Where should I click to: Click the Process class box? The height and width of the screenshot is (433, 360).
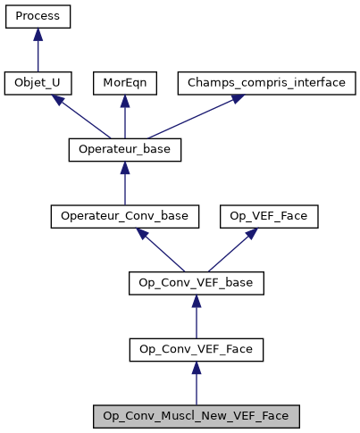point(38,17)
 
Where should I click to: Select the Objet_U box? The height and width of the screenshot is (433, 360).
point(38,83)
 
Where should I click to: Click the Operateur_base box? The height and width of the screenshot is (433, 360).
point(125,149)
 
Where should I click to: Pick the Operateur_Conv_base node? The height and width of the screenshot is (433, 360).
point(125,216)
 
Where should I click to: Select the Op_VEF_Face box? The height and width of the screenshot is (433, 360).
point(254,216)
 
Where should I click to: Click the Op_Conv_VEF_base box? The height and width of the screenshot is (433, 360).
point(197,282)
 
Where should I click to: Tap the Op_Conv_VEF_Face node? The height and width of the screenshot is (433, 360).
point(197,349)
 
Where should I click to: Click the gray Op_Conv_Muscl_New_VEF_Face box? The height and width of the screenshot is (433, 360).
point(197,415)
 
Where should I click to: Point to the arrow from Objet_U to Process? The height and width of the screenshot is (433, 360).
point(38,52)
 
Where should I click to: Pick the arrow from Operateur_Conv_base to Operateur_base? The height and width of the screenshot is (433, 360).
point(125,184)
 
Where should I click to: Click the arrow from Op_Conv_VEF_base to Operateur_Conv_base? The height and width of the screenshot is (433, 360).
point(162,250)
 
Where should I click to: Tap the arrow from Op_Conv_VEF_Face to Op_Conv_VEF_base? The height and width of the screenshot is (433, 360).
point(197,317)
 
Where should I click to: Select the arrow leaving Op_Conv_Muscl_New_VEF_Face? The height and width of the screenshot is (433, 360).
point(197,384)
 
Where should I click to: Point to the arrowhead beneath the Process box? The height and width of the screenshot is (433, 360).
point(38,35)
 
